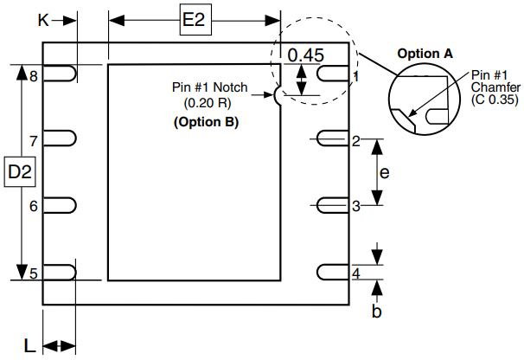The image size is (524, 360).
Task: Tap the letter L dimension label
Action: (29, 346)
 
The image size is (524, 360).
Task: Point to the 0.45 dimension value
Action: (305, 55)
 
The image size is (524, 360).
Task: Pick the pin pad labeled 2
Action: (334, 138)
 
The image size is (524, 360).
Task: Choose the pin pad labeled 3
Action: (334, 205)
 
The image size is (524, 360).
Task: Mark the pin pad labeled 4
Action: (334, 272)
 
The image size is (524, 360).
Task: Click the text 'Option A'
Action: (425, 54)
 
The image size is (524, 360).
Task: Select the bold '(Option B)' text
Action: (207, 122)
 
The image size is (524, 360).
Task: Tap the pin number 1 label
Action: (355, 77)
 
